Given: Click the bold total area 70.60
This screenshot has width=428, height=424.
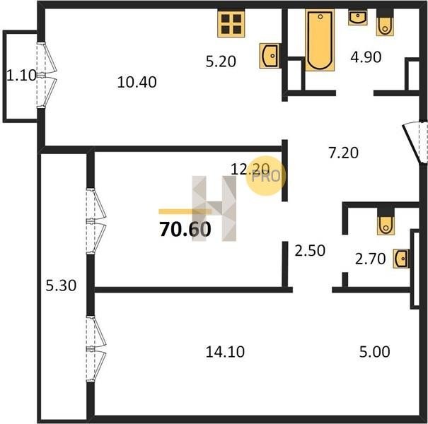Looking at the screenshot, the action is click(x=185, y=230).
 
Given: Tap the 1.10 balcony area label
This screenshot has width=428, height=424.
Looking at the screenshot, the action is click(x=21, y=76).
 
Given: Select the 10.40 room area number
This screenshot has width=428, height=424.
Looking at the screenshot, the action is click(x=137, y=82).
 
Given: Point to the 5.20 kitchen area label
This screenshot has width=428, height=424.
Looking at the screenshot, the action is click(x=221, y=61).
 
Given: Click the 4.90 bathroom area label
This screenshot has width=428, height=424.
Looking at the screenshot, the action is click(x=366, y=57).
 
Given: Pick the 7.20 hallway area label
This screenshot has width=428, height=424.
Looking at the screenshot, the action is click(x=343, y=153).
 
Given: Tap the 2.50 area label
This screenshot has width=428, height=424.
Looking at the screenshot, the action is click(x=310, y=251).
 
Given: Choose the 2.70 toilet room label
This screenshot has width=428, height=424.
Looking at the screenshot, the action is click(x=370, y=259).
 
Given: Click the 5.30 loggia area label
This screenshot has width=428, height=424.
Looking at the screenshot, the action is click(x=61, y=285).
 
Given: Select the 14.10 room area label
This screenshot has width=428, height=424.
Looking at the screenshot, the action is click(x=225, y=352).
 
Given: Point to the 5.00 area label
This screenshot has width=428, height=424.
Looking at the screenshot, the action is click(x=374, y=352).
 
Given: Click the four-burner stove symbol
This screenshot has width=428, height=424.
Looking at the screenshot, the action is click(x=231, y=24).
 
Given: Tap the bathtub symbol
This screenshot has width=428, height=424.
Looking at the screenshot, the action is click(x=320, y=40).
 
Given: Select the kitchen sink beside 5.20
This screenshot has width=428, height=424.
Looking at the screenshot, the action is click(x=270, y=56).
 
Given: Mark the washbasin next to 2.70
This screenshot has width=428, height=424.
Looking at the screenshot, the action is click(x=401, y=259).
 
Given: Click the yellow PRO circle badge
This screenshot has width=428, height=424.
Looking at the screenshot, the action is click(x=266, y=175).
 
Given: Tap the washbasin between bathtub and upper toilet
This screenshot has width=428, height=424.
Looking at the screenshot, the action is click(x=357, y=18).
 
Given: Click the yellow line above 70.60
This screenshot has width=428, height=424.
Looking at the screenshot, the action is click(x=185, y=211).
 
